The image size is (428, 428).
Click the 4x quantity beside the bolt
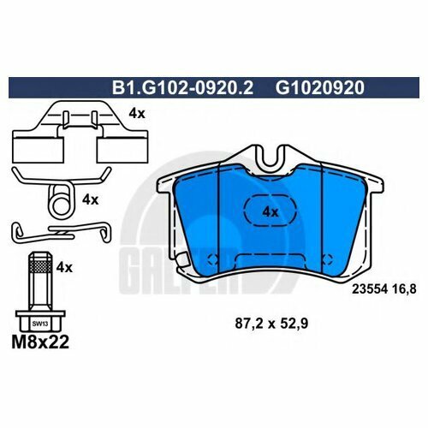63,267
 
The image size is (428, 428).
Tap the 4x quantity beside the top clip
136,111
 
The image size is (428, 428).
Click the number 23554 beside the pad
369,288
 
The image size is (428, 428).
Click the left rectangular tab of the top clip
31,146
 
